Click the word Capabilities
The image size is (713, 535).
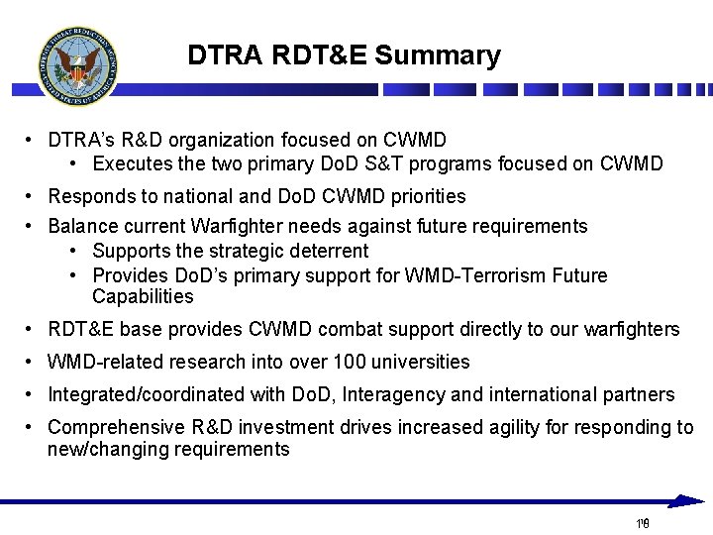(x=143, y=296)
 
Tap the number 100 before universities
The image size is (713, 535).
(x=351, y=362)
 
